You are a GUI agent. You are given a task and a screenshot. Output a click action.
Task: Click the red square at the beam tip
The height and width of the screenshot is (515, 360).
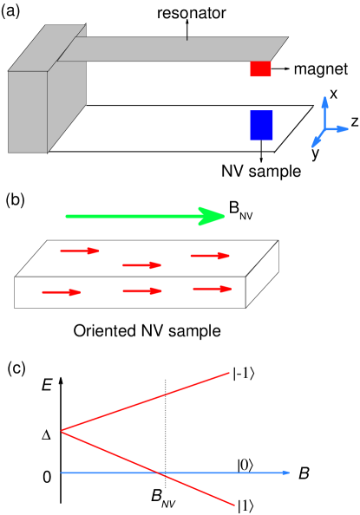tap(260, 69)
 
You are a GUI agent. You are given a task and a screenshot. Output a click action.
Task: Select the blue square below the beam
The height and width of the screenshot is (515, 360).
tap(261, 125)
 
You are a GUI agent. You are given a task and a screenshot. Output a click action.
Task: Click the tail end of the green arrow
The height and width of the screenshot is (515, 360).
tap(68, 217)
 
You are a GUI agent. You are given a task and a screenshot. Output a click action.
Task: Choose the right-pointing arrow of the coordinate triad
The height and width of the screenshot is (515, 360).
tap(341, 129)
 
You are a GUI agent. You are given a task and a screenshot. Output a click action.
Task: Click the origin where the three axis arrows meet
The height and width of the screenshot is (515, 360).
tap(324, 130)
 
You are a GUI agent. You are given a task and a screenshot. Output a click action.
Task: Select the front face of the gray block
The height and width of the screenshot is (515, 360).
tap(28, 112)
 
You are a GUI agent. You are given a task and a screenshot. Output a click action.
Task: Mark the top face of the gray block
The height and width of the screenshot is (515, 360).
tap(45, 50)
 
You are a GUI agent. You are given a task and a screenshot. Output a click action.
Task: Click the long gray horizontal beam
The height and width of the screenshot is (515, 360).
tap(173, 49)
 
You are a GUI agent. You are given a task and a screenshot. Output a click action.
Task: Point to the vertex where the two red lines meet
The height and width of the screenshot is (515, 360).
tap(62, 430)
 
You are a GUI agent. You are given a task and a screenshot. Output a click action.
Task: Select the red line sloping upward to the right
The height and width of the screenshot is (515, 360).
tap(147, 401)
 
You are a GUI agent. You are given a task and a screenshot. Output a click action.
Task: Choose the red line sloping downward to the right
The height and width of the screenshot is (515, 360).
tap(147, 467)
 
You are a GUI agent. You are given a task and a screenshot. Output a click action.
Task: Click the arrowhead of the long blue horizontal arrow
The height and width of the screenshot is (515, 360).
tap(285, 473)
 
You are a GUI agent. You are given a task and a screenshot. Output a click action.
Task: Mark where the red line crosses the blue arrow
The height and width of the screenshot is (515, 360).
tap(159, 473)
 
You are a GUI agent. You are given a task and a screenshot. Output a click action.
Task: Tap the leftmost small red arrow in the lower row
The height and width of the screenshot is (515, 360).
tap(62, 292)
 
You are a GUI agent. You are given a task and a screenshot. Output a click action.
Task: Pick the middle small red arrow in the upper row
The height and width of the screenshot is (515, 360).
tap(142, 265)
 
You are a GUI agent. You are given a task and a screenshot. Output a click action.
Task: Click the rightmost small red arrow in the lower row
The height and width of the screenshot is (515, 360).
tap(213, 289)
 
